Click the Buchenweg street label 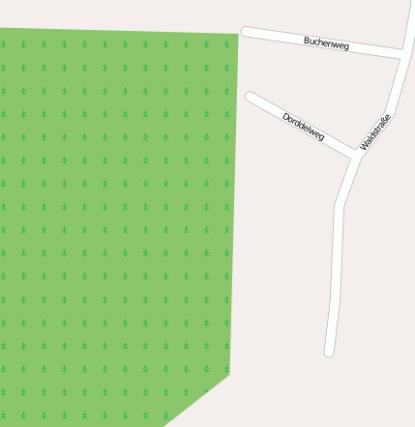pyautogui.click(x=326, y=43)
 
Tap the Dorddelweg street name pyautogui.click(x=303, y=127)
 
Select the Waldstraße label pyautogui.click(x=375, y=132)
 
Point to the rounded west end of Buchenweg pyautogui.click(x=246, y=32)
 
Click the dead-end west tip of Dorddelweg pyautogui.click(x=251, y=97)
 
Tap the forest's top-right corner pyautogui.click(x=238, y=34)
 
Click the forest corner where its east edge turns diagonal pyautogui.click(x=229, y=373)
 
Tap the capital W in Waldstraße pyautogui.click(x=365, y=146)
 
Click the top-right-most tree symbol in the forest pyautogui.click(x=227, y=44)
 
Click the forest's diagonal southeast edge pyautogui.click(x=196, y=400)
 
